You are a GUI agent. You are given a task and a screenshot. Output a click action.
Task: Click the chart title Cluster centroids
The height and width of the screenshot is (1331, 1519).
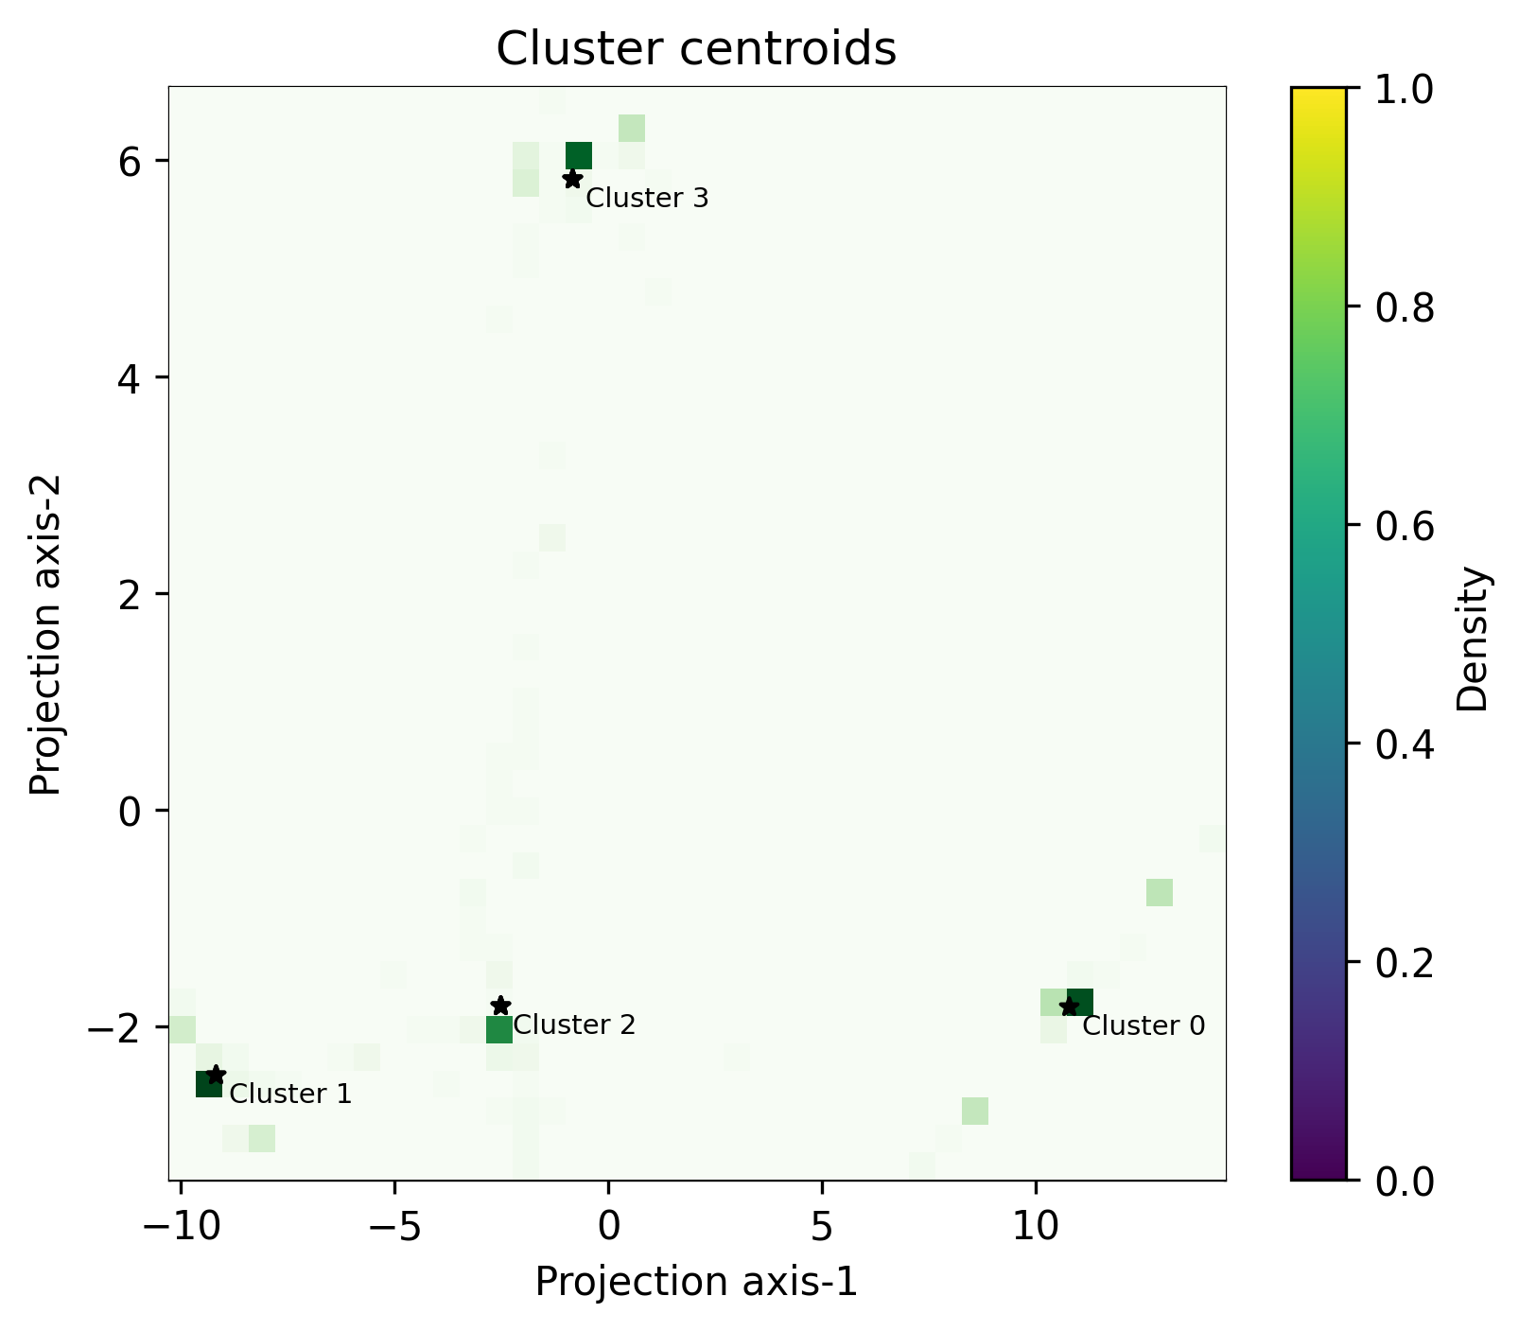tap(696, 49)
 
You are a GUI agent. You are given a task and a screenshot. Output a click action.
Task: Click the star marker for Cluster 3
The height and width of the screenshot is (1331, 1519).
tap(572, 179)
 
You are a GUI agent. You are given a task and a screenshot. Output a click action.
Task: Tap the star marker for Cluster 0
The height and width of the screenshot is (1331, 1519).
tap(1069, 1007)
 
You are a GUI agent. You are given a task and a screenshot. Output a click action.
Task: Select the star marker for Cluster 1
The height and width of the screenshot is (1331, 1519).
tap(216, 1075)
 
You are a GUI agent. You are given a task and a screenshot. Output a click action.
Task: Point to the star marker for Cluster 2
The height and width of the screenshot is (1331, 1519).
tap(500, 1006)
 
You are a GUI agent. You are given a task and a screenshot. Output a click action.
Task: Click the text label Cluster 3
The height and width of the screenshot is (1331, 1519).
tap(647, 199)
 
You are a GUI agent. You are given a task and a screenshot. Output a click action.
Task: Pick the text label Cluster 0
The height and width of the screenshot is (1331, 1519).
tap(1144, 1026)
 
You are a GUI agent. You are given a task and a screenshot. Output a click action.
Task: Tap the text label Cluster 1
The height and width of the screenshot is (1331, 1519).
tap(290, 1095)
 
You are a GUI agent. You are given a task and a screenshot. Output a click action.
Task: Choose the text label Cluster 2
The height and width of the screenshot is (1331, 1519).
tap(574, 1025)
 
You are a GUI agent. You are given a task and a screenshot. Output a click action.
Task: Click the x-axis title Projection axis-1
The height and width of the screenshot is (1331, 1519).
tap(696, 1282)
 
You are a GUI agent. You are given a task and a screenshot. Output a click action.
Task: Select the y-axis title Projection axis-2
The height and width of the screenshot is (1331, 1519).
tap(44, 635)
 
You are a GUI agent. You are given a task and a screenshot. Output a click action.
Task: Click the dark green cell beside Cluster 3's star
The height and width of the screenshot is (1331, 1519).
tap(579, 155)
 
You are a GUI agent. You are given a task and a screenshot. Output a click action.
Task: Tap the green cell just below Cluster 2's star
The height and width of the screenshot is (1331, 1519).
tap(499, 1029)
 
